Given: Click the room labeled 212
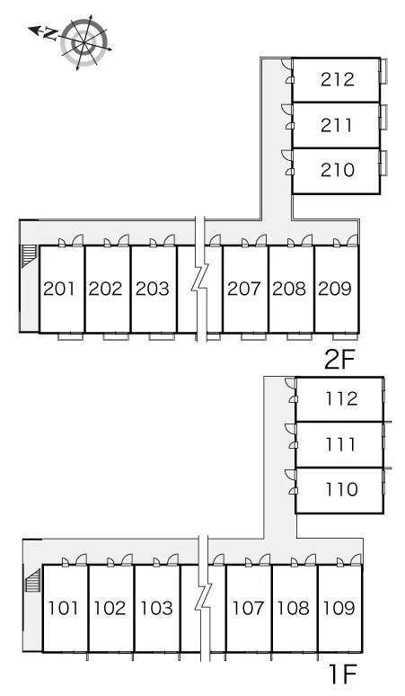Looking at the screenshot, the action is [337, 79].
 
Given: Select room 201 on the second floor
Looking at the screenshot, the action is [62, 289].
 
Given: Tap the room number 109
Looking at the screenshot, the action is [339, 608].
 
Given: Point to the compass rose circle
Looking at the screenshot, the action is [84, 42].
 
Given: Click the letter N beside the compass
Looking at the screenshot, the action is [50, 34].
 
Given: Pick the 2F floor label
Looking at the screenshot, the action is [339, 361].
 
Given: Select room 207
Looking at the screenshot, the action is [245, 289].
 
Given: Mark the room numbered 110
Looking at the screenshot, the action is [339, 490].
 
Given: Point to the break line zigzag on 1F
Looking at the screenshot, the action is [204, 598].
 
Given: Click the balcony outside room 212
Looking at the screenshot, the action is [383, 70].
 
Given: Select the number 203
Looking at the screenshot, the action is [153, 289].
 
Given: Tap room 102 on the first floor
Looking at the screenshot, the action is [111, 609].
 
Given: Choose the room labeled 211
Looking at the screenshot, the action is [337, 125].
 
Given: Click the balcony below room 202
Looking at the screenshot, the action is [116, 337].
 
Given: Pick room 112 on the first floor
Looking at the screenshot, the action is [339, 399].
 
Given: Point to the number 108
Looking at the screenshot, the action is [293, 608].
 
